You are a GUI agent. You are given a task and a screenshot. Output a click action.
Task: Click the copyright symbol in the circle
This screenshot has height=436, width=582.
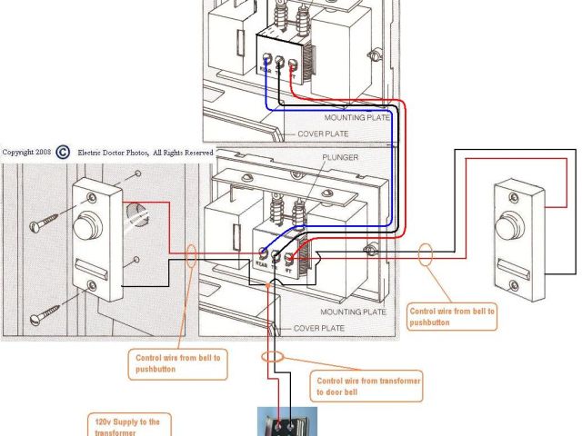[x=64, y=153]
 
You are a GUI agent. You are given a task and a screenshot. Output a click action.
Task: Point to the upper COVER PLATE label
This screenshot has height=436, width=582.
[x=322, y=134]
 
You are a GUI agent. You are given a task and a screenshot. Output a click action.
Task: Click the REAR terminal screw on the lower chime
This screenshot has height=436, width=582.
[x=264, y=256]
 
